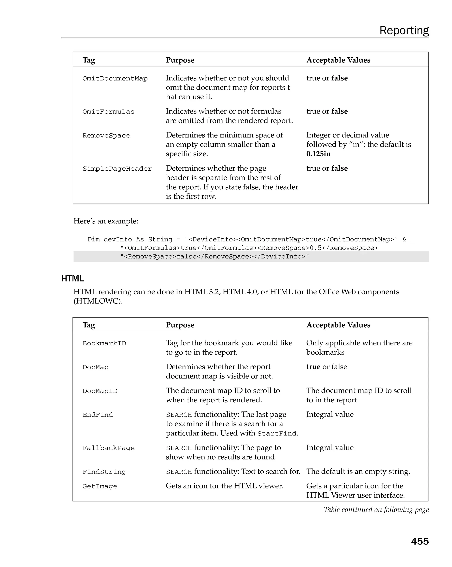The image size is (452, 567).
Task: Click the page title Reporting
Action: pyautogui.click(x=404, y=30)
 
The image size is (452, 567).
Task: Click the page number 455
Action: pyautogui.click(x=420, y=541)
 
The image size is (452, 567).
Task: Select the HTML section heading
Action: pyautogui.click(x=73, y=279)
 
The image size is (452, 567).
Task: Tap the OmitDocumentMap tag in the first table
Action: pyautogui.click(x=115, y=79)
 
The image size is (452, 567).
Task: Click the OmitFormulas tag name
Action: pyautogui.click(x=108, y=112)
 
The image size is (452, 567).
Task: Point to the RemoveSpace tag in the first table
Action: pyautogui.click(x=106, y=136)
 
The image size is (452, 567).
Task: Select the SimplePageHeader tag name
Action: pyautogui.click(x=117, y=169)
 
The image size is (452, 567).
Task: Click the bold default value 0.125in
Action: pyautogui.click(x=318, y=154)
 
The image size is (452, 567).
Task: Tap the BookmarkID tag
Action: pyautogui.click(x=104, y=343)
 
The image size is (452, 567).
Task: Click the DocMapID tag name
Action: pyautogui.click(x=100, y=391)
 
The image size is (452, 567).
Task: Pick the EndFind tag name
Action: pyautogui.click(x=98, y=415)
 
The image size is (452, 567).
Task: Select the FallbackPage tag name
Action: pyautogui.click(x=108, y=448)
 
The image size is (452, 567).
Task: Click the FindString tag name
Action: pyautogui.click(x=104, y=472)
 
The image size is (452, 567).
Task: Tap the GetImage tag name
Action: pyautogui.click(x=100, y=486)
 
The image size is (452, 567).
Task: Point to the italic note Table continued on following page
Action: pyautogui.click(x=376, y=510)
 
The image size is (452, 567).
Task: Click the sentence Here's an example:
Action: pyautogui.click(x=106, y=221)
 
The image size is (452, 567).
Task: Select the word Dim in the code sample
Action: pyautogui.click(x=94, y=240)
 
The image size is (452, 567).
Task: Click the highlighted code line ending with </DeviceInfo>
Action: pyautogui.click(x=214, y=257)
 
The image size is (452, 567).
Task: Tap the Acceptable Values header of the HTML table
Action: pyautogui.click(x=338, y=325)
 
